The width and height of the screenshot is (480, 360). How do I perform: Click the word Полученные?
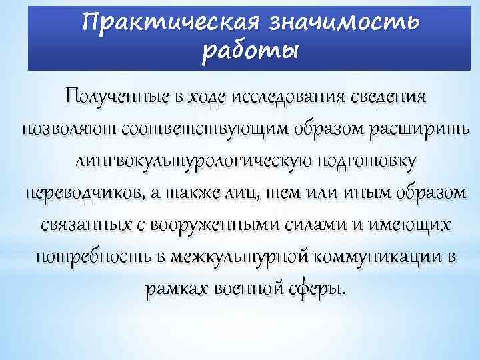click(117, 96)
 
